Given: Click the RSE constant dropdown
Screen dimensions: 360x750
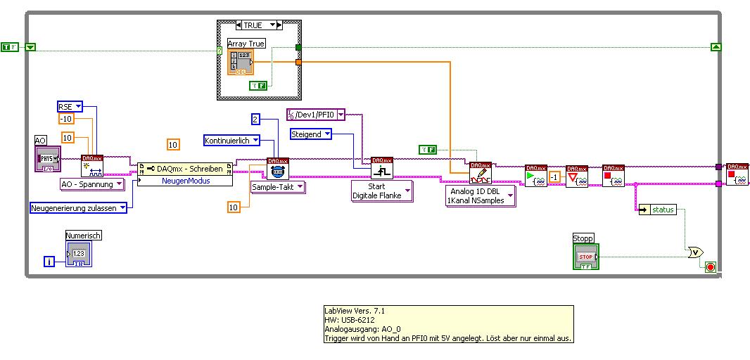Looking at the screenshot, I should [x=70, y=106].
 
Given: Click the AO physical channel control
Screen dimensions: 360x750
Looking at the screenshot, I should [x=49, y=159].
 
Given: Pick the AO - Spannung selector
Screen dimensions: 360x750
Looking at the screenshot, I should [x=91, y=184].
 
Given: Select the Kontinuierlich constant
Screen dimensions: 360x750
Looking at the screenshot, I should [x=231, y=141].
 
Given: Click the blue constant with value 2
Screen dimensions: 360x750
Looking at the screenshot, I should [x=256, y=119].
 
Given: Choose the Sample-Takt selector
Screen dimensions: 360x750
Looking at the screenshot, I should [x=278, y=186].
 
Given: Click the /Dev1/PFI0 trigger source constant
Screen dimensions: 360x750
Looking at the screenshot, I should [x=315, y=115].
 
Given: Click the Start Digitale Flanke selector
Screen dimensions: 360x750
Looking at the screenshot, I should [x=381, y=191].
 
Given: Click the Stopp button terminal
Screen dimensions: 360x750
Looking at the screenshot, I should [x=586, y=257].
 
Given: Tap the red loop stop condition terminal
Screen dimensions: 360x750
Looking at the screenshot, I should [x=710, y=267].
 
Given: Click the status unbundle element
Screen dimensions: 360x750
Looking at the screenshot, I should [x=657, y=210].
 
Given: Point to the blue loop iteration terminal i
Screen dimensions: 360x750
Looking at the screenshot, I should [x=49, y=262].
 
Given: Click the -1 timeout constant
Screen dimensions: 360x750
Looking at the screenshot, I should [x=554, y=176].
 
